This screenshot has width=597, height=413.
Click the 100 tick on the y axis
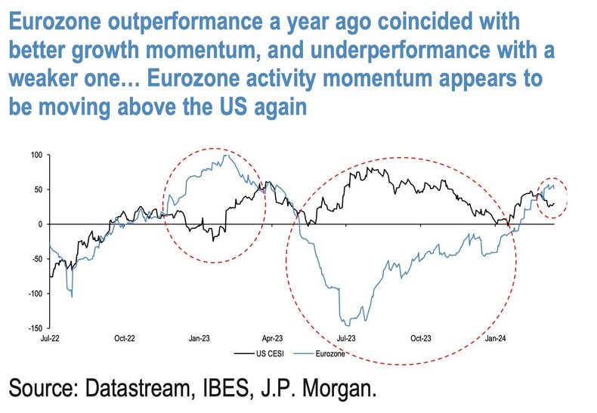(x=36, y=155)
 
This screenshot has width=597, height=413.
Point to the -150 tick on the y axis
(x=34, y=328)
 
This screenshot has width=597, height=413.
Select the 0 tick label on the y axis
(x=40, y=224)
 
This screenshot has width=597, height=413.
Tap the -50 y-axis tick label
(x=36, y=259)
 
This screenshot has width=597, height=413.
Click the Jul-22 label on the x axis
(x=50, y=341)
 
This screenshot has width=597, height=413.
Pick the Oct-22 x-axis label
(x=124, y=341)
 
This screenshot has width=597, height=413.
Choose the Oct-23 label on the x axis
(x=420, y=341)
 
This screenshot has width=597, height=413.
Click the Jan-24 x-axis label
(x=494, y=341)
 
